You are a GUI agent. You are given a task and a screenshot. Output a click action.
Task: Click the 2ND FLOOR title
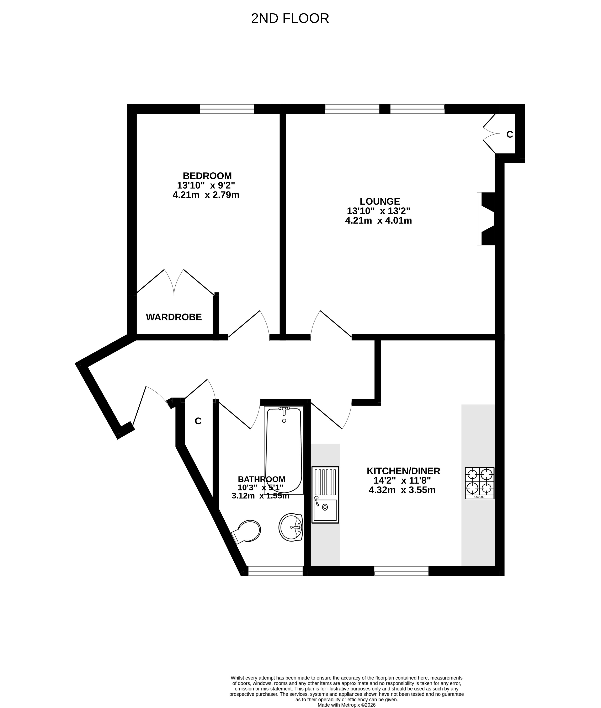click(290, 19)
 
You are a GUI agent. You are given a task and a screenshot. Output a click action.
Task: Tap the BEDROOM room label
click(207, 176)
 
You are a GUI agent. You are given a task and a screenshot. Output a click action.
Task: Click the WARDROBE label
click(174, 317)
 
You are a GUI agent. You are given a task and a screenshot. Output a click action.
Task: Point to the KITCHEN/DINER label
click(403, 471)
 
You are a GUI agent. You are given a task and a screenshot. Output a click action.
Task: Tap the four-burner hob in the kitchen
click(480, 483)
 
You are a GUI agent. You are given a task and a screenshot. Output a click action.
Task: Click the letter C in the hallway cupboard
click(198, 421)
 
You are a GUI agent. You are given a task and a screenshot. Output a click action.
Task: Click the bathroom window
click(276, 571)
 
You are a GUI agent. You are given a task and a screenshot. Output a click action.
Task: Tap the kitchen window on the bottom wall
click(401, 571)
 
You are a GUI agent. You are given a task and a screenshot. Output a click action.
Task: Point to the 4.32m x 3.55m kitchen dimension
click(402, 490)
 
